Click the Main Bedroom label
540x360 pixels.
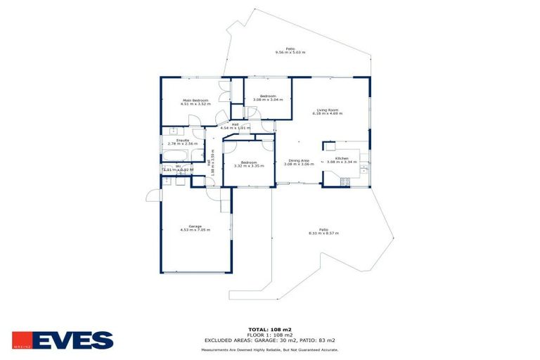click(196, 101)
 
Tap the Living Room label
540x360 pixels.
click(328, 110)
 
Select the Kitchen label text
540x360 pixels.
click(342, 159)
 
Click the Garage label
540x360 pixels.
click(195, 226)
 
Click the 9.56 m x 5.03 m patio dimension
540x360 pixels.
click(290, 53)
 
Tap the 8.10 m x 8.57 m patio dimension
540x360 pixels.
click(323, 233)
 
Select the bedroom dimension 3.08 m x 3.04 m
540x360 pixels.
click(268, 99)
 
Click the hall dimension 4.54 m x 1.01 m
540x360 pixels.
click(235, 128)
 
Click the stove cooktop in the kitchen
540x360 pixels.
click(345, 181)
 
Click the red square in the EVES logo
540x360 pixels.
click(21, 340)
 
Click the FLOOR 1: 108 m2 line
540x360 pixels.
click(270, 335)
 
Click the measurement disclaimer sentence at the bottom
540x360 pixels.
click(270, 349)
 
